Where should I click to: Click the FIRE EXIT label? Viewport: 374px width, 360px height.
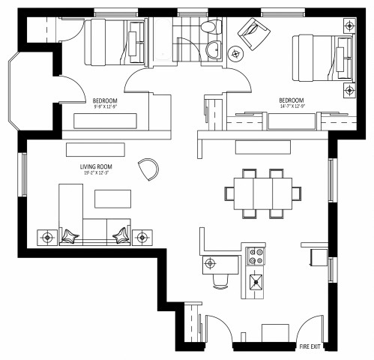(310, 346)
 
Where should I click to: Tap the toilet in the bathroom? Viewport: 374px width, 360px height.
(212, 28)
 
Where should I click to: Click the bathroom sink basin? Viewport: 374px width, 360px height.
(214, 50)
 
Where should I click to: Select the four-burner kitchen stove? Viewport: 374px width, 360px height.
(256, 256)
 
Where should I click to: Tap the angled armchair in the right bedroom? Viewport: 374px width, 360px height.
(253, 34)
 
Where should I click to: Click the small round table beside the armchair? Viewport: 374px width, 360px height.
(236, 54)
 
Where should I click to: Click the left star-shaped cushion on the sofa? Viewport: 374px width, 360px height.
(70, 235)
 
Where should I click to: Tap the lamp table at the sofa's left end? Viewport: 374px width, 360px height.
(47, 237)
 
